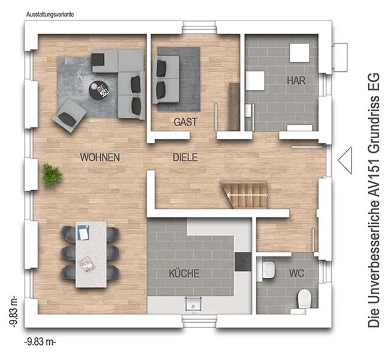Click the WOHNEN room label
coord(100,157)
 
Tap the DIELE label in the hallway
coord(185,157)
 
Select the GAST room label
coord(185,122)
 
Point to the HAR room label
coord(296,80)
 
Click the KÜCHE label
coord(184,273)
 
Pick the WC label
coord(296,273)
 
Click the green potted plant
coord(52,175)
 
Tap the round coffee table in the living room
coord(99,90)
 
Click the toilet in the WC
coord(304,298)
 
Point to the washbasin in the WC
coord(268,269)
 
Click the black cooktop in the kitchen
coord(243,262)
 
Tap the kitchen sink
coord(193,304)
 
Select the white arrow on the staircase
coord(248,196)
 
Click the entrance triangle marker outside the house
coord(345,160)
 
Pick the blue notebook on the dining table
coord(83,233)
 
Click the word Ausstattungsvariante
coord(50,14)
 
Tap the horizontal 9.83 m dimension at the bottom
coord(40,342)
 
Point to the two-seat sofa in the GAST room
coord(166,79)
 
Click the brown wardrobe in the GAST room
coord(234,107)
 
